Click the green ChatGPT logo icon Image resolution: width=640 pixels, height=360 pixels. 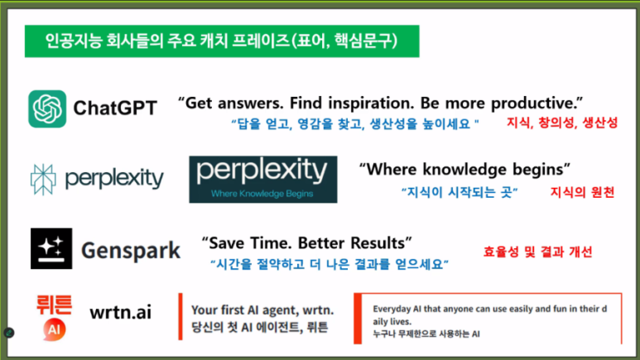(47, 108)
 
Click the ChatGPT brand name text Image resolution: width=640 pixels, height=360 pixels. (115, 108)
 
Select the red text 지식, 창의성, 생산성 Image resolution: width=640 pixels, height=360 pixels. (562, 123)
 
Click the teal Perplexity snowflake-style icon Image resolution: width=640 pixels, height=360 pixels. (45, 178)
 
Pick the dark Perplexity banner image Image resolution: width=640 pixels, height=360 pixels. (262, 179)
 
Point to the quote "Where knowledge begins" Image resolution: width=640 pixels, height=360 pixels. (464, 169)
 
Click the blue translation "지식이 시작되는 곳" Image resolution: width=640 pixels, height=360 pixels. (458, 193)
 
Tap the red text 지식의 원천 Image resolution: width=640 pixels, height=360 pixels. (583, 193)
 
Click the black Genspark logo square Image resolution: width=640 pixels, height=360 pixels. (51, 248)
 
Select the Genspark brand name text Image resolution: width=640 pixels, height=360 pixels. (131, 250)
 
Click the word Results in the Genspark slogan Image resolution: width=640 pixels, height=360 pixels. (378, 243)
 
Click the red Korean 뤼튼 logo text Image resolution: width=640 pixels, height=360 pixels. (52, 304)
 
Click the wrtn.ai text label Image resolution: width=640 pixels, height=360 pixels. (121, 312)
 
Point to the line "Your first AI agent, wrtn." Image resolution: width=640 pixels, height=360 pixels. (262, 310)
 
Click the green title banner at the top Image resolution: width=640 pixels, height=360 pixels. (220, 39)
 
